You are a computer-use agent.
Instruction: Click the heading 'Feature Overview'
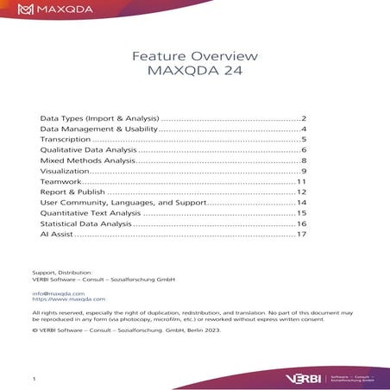point(195,56)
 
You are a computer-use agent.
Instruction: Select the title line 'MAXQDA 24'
point(195,72)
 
